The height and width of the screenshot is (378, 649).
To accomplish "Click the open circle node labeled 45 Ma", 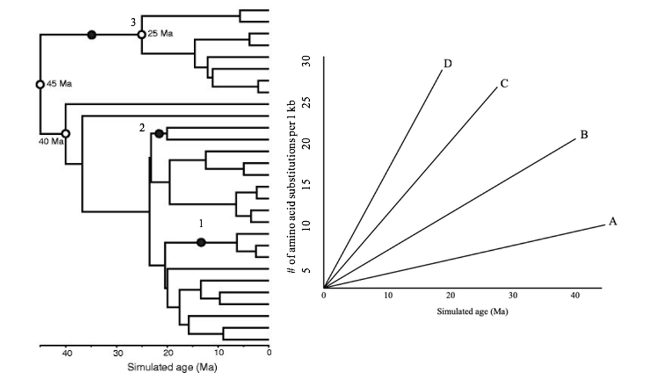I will [40, 84].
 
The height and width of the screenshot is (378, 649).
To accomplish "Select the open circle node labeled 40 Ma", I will [65, 134].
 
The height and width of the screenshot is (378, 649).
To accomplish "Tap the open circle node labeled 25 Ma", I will [141, 34].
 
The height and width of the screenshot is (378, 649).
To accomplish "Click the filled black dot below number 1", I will [201, 242].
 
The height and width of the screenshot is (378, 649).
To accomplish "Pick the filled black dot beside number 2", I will [159, 133].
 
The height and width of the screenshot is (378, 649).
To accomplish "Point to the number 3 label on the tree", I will [133, 22].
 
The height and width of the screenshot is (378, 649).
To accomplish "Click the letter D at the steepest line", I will [448, 63].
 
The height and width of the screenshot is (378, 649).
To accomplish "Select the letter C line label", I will [504, 83].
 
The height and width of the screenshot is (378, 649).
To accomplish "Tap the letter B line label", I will [584, 134].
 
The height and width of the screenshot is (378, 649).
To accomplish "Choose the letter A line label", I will [612, 222].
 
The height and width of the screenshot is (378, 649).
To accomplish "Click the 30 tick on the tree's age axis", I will [117, 353].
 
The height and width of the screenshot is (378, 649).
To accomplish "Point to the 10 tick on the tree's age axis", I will [219, 353].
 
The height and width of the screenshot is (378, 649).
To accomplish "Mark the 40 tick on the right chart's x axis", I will [575, 296].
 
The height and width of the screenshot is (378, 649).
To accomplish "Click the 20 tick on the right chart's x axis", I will [449, 296].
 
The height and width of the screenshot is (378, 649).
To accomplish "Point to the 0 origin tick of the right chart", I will [324, 296].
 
